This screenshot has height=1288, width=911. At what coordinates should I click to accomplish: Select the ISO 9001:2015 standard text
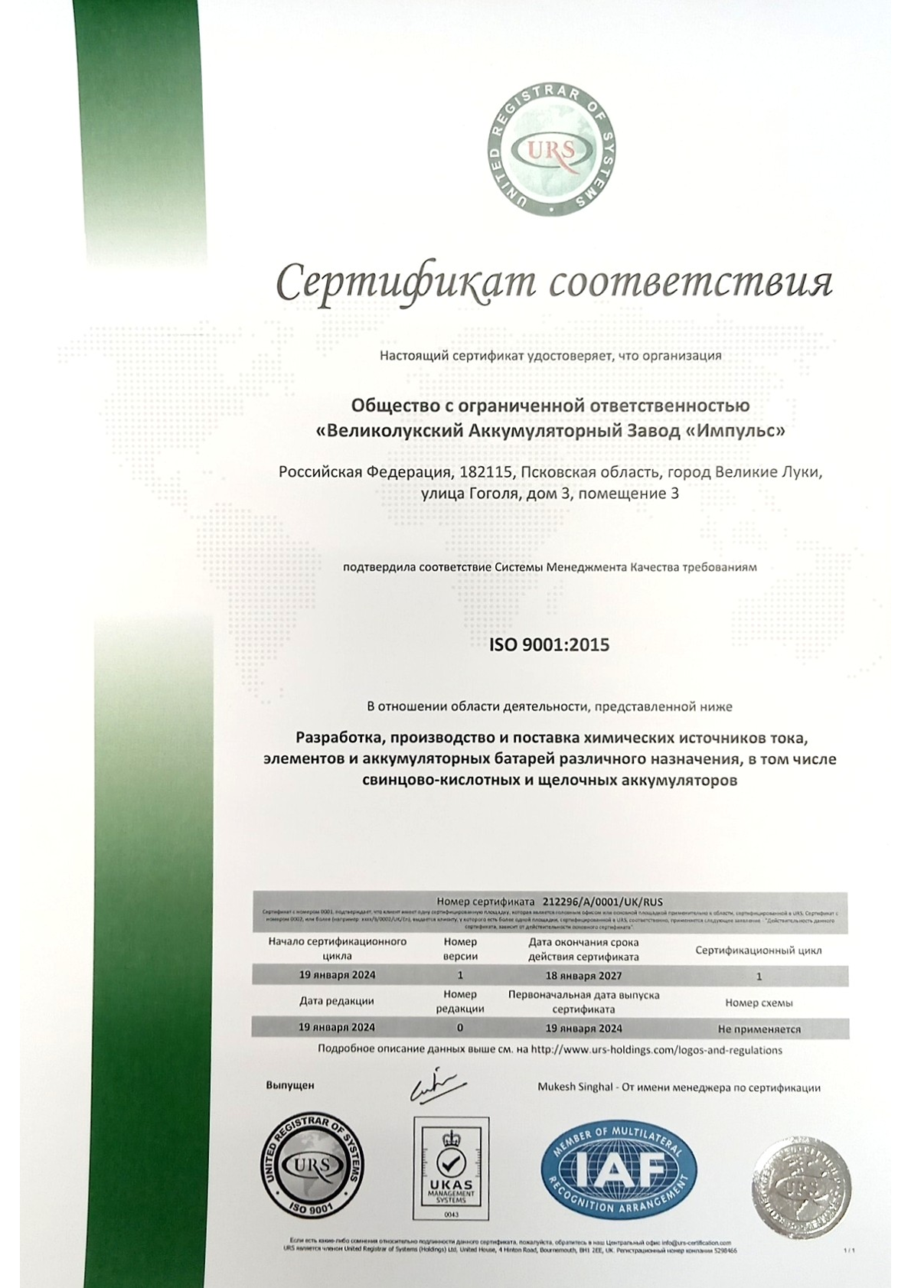coord(549,645)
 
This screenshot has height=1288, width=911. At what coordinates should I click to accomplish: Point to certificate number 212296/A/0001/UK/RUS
coord(601,902)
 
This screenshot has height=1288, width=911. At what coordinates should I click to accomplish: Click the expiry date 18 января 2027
coord(583,976)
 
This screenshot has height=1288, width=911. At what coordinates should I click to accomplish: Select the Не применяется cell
coord(759,1029)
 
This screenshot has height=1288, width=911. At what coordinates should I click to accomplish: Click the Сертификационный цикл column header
coord(758,951)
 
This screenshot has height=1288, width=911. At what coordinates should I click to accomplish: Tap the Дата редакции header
coord(336,1001)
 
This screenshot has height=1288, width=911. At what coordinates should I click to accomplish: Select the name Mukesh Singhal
coord(575,1087)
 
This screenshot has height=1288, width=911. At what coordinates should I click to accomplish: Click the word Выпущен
coord(290,1085)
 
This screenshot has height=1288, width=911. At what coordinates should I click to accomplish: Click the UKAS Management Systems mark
coord(451,1168)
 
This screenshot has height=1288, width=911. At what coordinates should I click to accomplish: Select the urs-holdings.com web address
coord(656,1050)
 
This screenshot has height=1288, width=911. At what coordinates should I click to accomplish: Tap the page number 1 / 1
coord(848,1250)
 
